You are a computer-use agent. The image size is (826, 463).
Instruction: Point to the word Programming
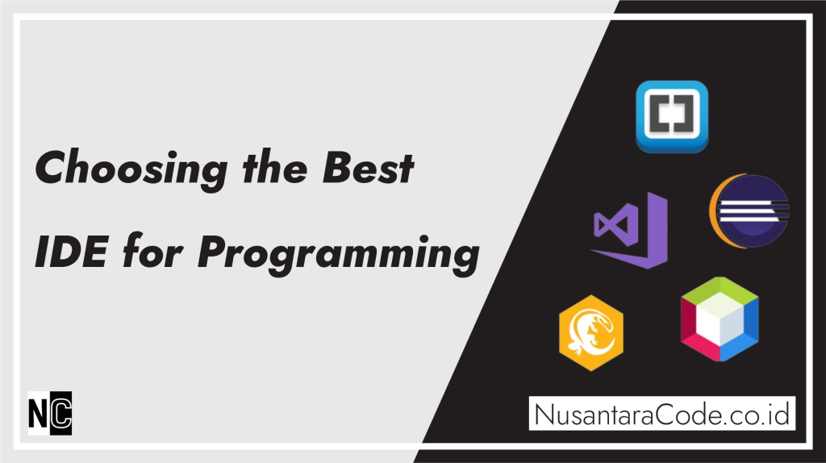(339, 254)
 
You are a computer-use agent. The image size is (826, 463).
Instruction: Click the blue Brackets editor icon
(671, 116)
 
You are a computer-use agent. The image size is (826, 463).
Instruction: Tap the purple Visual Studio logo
(629, 231)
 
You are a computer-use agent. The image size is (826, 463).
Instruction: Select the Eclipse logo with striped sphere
(749, 212)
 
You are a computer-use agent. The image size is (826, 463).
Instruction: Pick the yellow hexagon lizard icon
(590, 332)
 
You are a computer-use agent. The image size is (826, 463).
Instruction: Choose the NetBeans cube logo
(720, 319)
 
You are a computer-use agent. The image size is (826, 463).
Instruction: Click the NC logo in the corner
(50, 411)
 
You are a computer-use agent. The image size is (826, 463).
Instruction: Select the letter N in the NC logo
(40, 411)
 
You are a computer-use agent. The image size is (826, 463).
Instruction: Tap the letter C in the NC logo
(61, 411)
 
